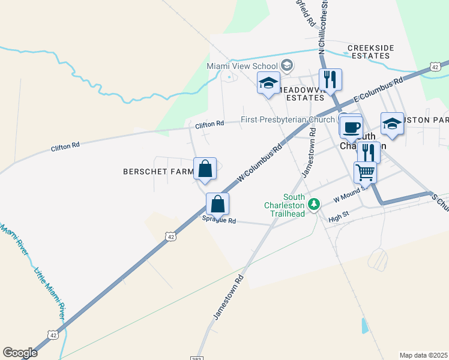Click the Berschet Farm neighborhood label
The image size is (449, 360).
pyautogui.click(x=158, y=172)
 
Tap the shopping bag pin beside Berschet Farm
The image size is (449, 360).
pyautogui.click(x=205, y=169)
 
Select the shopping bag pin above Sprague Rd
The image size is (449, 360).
pyautogui.click(x=217, y=204)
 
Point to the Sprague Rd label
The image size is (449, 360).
pyautogui.click(x=219, y=221)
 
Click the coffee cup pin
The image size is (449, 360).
pyautogui.click(x=351, y=127)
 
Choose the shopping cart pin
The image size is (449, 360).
pyautogui.click(x=365, y=172)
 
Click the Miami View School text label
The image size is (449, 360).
pyautogui.click(x=243, y=66)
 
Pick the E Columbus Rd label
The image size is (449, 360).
pyautogui.click(x=379, y=90)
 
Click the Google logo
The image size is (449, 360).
pyautogui.click(x=20, y=353)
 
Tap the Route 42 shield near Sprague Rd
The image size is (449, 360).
pyautogui.click(x=172, y=237)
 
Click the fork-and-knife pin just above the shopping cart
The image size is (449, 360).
pyautogui.click(x=368, y=151)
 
